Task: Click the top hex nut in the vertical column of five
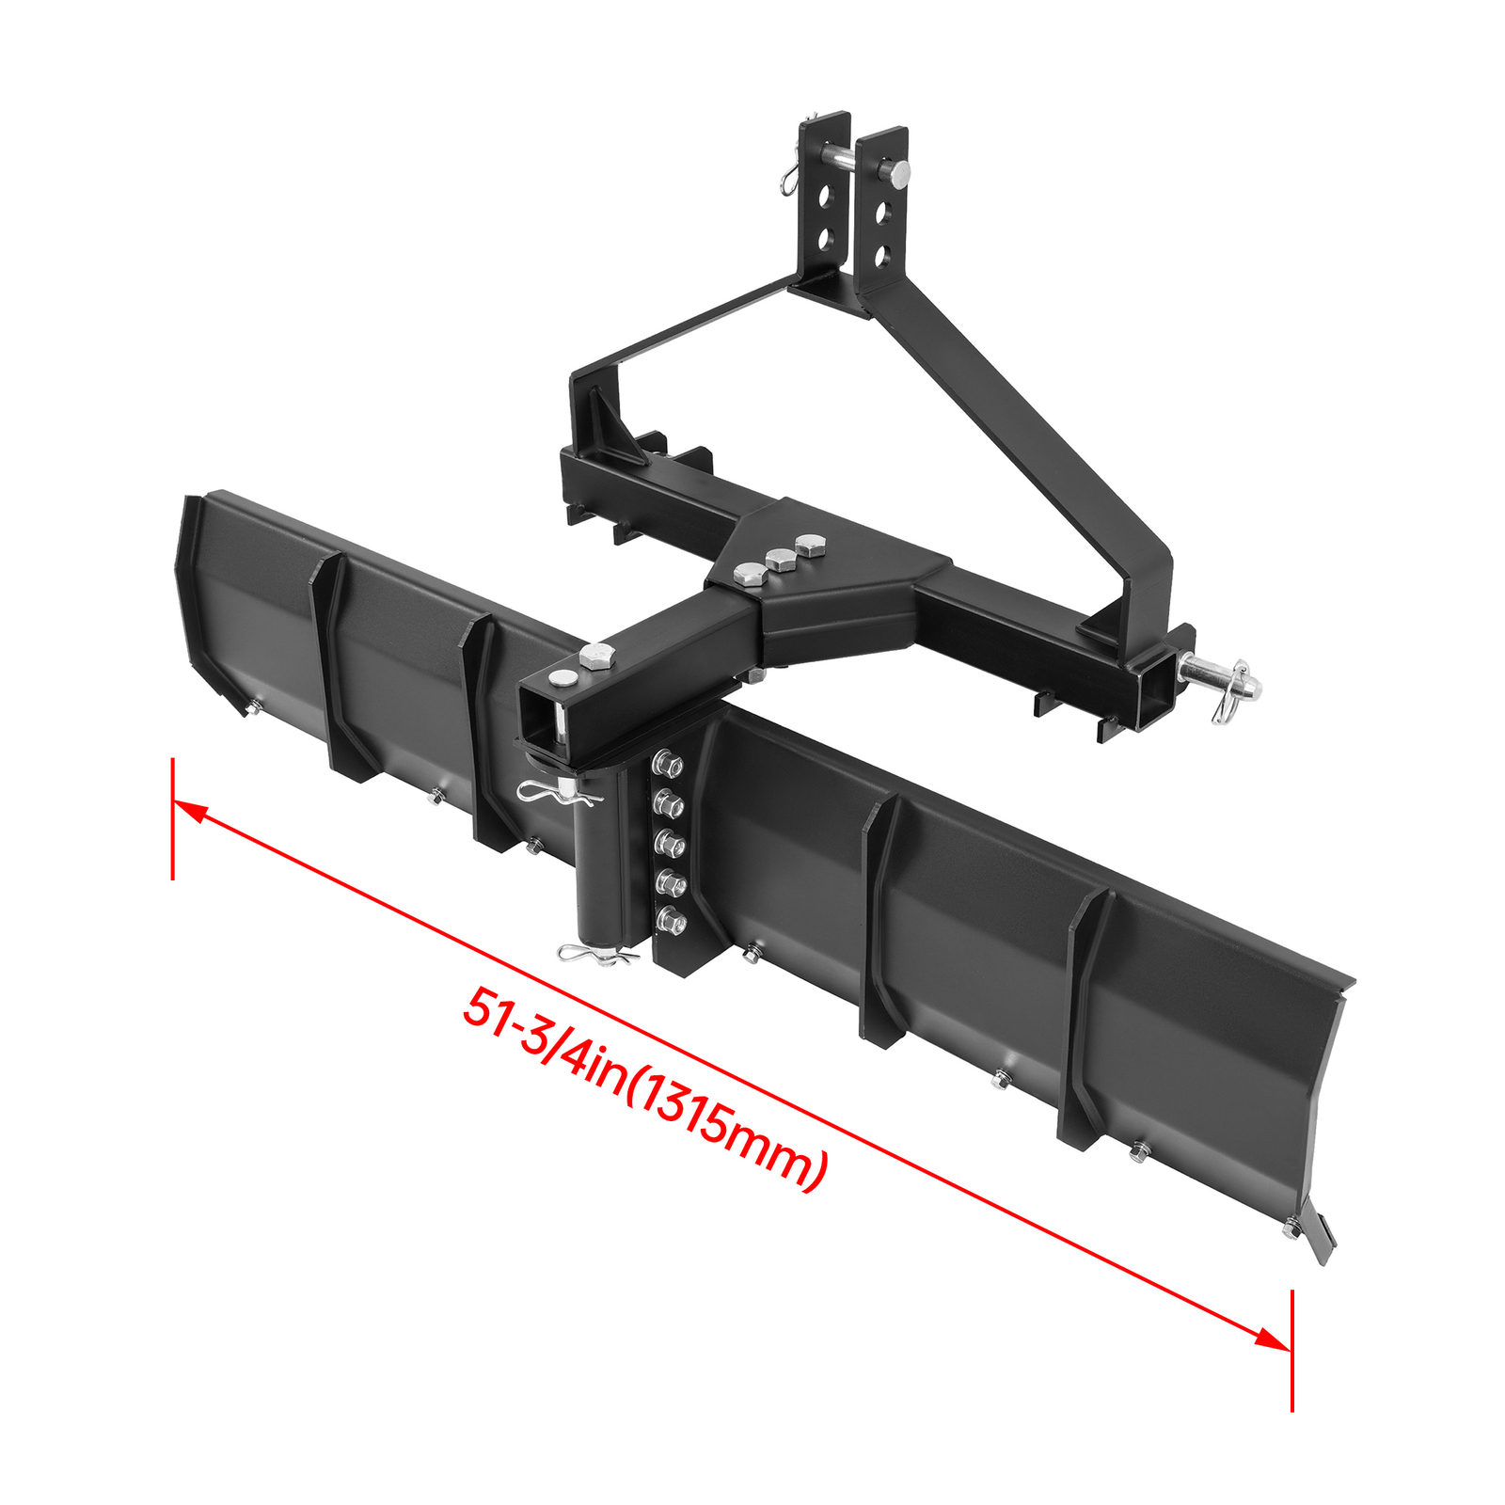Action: [668, 764]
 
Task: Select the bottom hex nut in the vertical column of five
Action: [671, 921]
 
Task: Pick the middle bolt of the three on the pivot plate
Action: [780, 558]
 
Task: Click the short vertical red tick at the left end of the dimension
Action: [173, 818]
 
